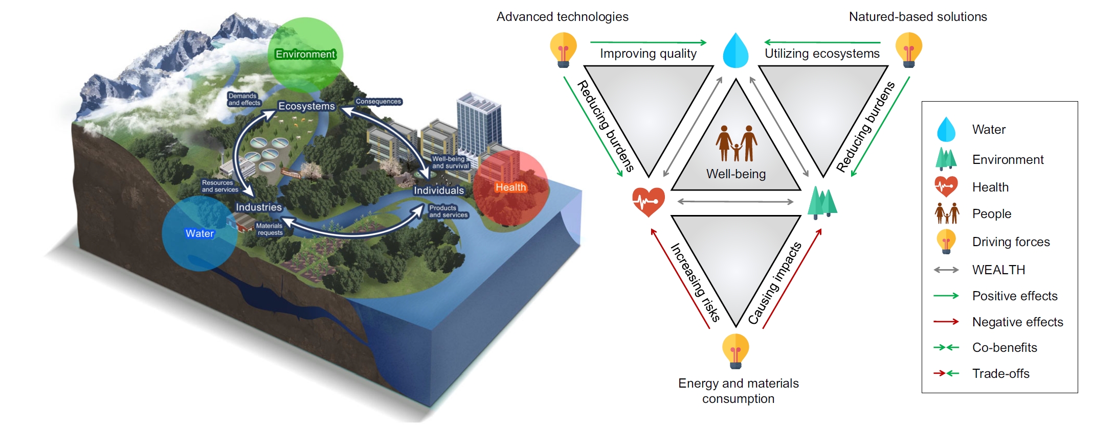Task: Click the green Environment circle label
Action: tap(305, 54)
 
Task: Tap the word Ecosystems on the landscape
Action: tap(306, 106)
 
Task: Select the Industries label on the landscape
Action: tap(259, 207)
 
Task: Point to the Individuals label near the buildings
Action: tap(439, 190)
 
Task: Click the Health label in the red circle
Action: tap(510, 187)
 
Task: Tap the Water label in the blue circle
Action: tap(200, 233)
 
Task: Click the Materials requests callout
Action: tap(270, 229)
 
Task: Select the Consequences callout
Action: tap(378, 102)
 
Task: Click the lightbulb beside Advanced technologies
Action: tap(563, 50)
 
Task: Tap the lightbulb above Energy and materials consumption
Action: tap(735, 351)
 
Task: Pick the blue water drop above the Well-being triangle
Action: tap(735, 50)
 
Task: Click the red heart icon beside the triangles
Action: tap(649, 202)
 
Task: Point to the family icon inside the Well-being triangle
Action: tap(737, 143)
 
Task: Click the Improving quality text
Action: tap(648, 54)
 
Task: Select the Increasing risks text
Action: tap(695, 282)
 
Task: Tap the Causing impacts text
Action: tap(774, 283)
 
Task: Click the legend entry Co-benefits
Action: tap(1005, 348)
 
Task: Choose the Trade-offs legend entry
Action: tap(1000, 374)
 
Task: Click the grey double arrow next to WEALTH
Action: tap(946, 270)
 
